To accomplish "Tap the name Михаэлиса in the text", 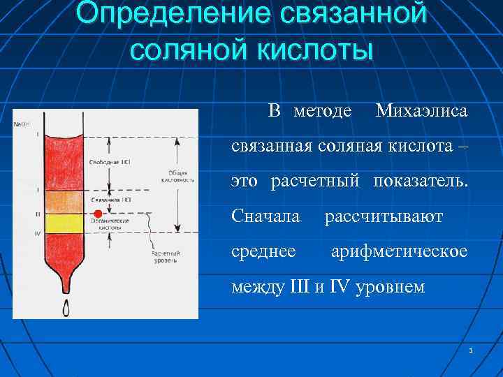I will click(421, 111).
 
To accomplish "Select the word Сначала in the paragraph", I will click(266, 217).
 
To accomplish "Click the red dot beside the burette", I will click(99, 214).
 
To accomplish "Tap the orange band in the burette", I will click(64, 201).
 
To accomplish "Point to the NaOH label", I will click(22, 124).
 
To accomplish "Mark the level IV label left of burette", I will click(37, 234).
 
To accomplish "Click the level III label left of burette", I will click(37, 214).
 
